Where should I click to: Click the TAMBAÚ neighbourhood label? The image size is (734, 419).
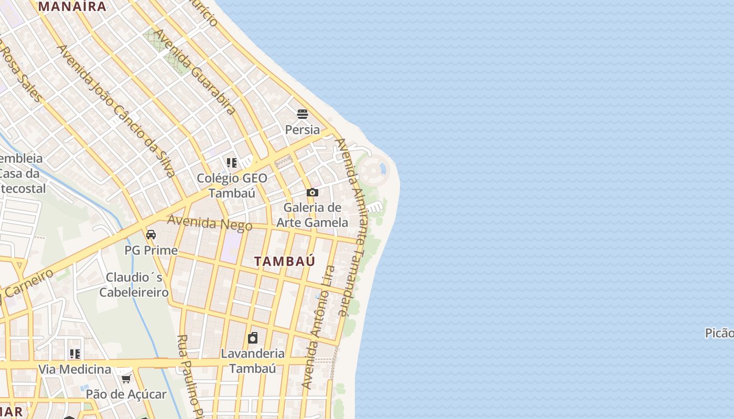click(285, 261)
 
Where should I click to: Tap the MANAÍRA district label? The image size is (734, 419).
click(72, 6)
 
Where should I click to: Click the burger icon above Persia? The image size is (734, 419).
click(303, 114)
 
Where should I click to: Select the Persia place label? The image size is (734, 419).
click(303, 129)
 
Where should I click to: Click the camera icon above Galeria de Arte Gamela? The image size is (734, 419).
click(312, 193)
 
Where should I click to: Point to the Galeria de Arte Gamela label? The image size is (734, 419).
click(312, 215)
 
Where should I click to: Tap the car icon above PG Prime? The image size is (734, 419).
click(151, 234)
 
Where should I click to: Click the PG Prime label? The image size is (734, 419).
click(151, 250)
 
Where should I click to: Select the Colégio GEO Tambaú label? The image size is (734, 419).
click(232, 185)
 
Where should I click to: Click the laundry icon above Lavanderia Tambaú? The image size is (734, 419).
click(253, 338)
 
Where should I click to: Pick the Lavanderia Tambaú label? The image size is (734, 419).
click(253, 361)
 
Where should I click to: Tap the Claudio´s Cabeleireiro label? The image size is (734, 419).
click(134, 284)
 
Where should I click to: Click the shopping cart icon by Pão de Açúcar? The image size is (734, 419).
click(126, 379)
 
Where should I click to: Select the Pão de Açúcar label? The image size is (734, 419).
click(126, 394)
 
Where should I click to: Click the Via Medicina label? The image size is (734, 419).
click(74, 369)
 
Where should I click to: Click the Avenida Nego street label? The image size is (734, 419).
click(210, 223)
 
